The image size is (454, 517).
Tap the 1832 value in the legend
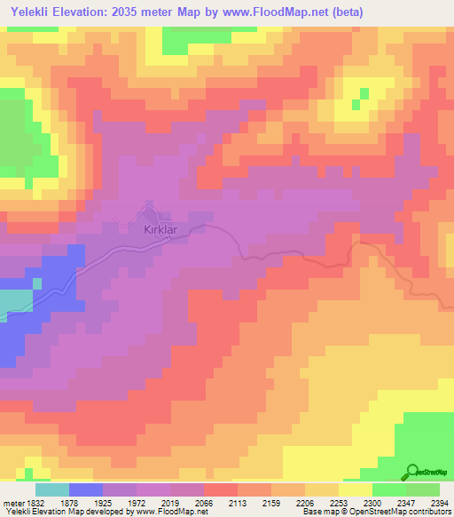[x=35, y=502]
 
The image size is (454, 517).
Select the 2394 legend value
[x=438, y=502]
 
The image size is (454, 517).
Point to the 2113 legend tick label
[x=237, y=502]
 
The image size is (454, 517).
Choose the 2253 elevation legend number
[x=337, y=502]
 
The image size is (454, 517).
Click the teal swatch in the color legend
[x=51, y=489]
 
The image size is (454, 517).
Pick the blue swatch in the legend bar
[x=85, y=489]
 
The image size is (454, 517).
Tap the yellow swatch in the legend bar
[x=355, y=489]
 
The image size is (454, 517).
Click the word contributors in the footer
[x=429, y=513]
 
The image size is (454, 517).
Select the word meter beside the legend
[x=13, y=502]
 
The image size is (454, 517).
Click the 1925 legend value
[x=102, y=502]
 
